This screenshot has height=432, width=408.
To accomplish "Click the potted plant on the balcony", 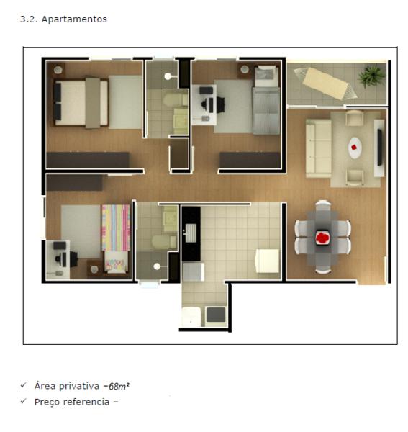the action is (371, 76).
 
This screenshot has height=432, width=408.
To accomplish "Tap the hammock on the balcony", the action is (325, 83).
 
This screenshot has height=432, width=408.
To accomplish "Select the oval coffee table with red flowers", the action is (355, 148).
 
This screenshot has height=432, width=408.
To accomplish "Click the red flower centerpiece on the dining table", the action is (323, 238).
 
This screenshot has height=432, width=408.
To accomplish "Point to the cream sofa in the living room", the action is (318, 148).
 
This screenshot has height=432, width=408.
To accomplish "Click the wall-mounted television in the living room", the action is (380, 147).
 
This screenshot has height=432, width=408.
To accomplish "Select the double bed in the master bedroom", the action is (81, 102).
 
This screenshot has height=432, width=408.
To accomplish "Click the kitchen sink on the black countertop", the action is (191, 233).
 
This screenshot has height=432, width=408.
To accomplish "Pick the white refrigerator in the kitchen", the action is (267, 261).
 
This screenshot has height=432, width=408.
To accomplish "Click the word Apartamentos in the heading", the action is (74, 19).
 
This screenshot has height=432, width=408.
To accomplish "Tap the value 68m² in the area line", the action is (119, 386).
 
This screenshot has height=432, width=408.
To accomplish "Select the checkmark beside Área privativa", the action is (24, 385).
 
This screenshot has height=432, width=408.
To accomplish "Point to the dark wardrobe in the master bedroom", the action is (88, 160).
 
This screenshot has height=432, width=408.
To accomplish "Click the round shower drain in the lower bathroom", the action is (157, 266).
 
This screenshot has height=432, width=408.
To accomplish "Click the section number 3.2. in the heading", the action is (30, 19).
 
